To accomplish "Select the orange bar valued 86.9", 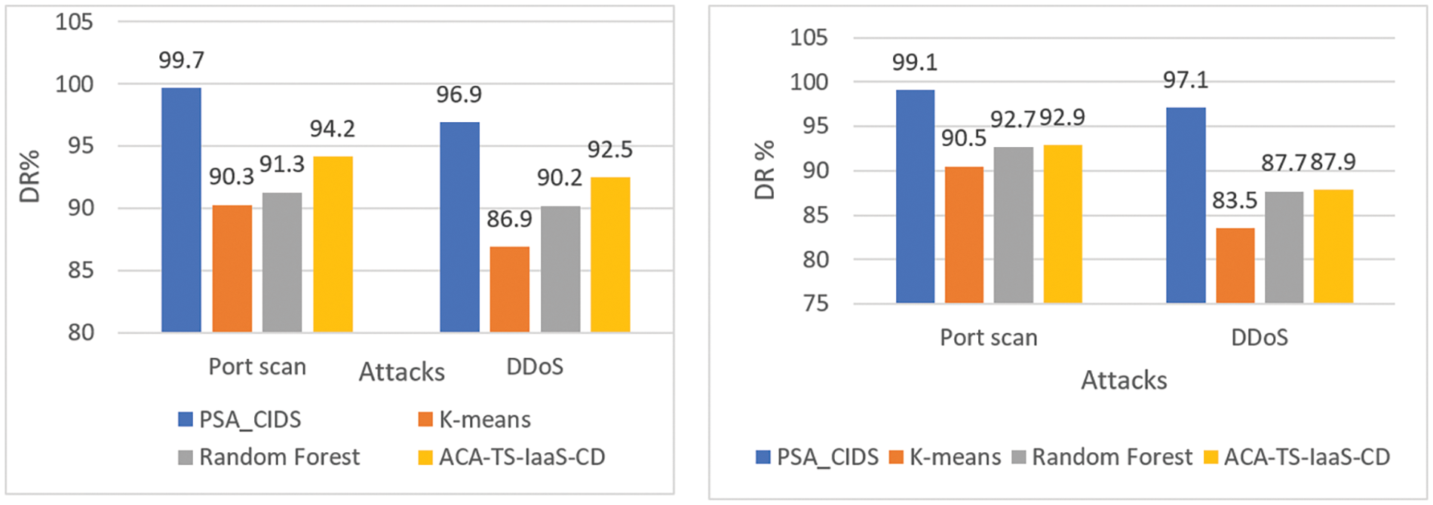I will pyautogui.click(x=509, y=289).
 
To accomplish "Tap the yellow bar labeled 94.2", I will pyautogui.click(x=333, y=244).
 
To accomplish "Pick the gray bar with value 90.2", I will pyautogui.click(x=560, y=269).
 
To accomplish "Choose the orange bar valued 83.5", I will pyautogui.click(x=1235, y=265).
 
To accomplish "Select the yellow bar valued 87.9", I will pyautogui.click(x=1333, y=246).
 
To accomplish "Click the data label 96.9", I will pyautogui.click(x=459, y=95).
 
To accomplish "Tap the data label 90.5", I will pyautogui.click(x=963, y=138).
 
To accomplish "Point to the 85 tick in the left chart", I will pyautogui.click(x=81, y=270).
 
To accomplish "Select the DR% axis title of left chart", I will pyautogui.click(x=29, y=176).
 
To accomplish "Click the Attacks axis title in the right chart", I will pyautogui.click(x=1124, y=381).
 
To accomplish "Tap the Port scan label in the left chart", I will pyautogui.click(x=257, y=367).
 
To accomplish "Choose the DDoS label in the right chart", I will pyautogui.click(x=1259, y=338).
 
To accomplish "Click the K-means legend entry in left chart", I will pyautogui.click(x=484, y=420).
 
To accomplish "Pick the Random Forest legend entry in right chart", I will pyautogui.click(x=1112, y=458).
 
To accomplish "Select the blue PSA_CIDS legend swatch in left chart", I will pyautogui.click(x=186, y=420).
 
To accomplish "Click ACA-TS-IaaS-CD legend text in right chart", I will pyautogui.click(x=1306, y=458).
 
